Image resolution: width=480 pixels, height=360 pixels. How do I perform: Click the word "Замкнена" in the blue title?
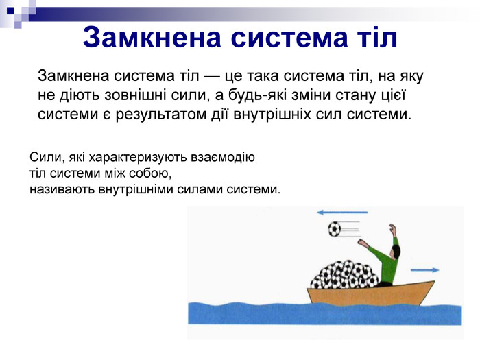(x=152, y=37)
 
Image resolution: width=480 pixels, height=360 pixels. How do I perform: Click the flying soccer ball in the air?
(x=335, y=228)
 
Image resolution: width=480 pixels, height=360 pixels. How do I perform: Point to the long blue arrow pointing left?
(x=342, y=212)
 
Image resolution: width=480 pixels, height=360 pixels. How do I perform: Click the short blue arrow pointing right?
(x=424, y=270)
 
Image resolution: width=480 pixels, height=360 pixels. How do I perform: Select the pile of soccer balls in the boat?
(x=344, y=274)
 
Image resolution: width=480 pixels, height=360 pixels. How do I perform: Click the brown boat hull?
(x=368, y=294)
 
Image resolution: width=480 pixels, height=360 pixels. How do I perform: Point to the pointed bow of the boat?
(x=433, y=282)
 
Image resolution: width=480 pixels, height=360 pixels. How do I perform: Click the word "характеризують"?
(x=137, y=157)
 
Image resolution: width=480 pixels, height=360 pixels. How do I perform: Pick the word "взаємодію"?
(x=223, y=158)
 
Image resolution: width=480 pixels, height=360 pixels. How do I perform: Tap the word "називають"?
(x=62, y=189)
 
